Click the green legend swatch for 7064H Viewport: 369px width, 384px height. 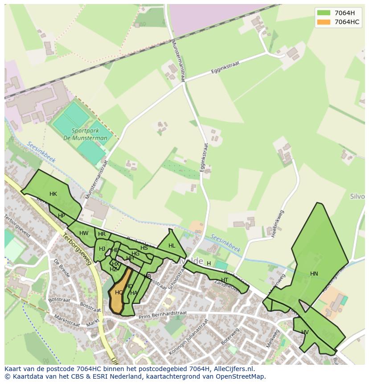click(324, 13)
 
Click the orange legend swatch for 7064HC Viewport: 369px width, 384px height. click(324, 22)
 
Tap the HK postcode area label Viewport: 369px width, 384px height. click(53, 194)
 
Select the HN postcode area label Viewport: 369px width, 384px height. click(314, 274)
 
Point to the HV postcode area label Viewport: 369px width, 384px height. click(305, 332)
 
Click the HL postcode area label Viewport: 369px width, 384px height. click(172, 246)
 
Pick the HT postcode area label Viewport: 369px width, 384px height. click(225, 280)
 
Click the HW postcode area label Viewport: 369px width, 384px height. click(84, 233)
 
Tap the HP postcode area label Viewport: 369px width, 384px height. click(61, 216)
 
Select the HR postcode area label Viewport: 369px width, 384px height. click(102, 234)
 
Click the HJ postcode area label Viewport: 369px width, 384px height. click(102, 249)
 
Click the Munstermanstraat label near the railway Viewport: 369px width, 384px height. click(177, 60)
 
